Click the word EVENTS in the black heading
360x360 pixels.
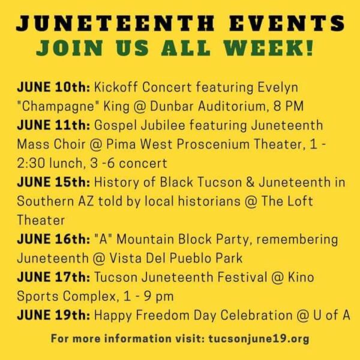[x=287, y=23]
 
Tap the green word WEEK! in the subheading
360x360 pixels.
[x=268, y=48]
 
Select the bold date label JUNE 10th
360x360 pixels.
[x=53, y=87]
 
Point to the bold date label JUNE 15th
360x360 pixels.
[x=53, y=182]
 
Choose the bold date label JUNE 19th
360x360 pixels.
[x=53, y=315]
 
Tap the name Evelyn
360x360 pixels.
[x=278, y=88]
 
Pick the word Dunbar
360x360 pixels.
[x=172, y=106]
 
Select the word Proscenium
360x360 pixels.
[x=213, y=145]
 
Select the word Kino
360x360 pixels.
[x=301, y=277]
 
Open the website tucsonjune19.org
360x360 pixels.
[x=259, y=339]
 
